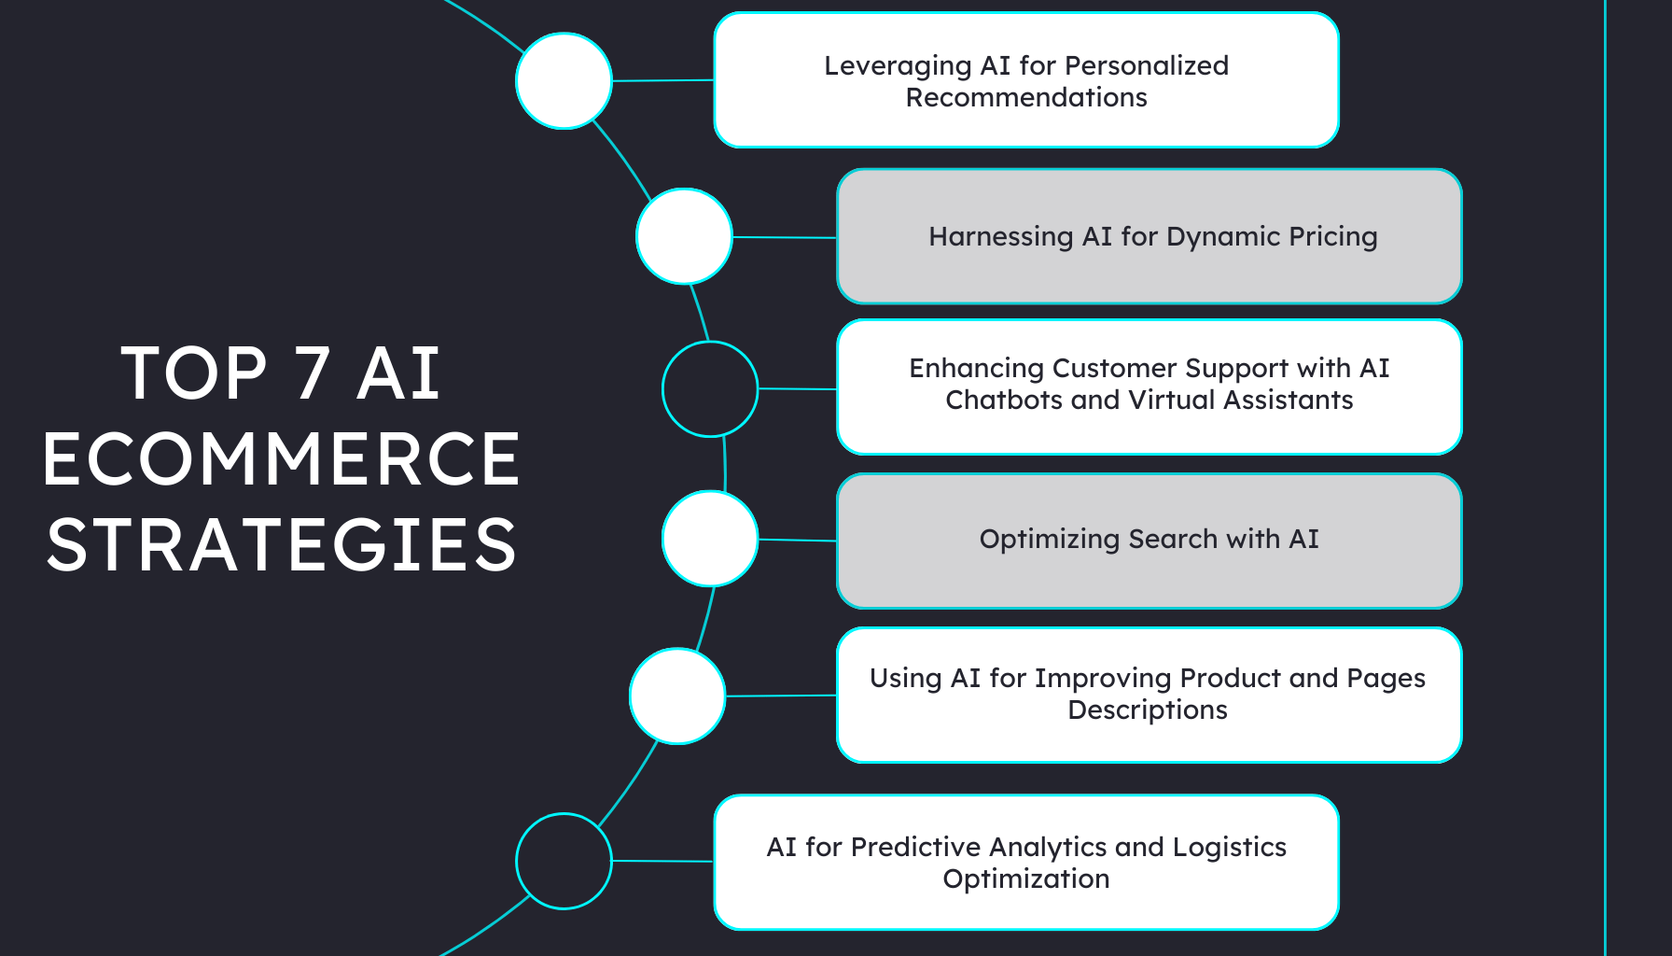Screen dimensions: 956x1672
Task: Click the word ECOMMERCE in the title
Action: click(x=281, y=459)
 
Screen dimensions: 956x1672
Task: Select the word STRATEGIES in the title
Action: click(x=281, y=545)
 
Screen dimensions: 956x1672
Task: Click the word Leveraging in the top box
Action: click(x=885, y=66)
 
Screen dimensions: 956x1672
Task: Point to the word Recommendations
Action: click(x=1026, y=98)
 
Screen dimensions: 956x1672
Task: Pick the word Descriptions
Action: click(x=1148, y=710)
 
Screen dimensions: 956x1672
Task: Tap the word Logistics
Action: click(x=1229, y=847)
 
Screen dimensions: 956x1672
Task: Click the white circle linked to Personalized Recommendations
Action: click(x=564, y=81)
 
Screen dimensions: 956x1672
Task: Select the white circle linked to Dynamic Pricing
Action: click(x=684, y=236)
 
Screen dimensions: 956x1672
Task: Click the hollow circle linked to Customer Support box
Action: click(x=710, y=388)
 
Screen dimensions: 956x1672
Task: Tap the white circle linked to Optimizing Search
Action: click(x=710, y=539)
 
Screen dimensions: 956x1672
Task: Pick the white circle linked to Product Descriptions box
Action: click(x=677, y=696)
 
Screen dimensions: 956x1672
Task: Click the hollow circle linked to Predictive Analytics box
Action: click(x=564, y=861)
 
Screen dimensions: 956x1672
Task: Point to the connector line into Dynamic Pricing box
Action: click(x=784, y=237)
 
